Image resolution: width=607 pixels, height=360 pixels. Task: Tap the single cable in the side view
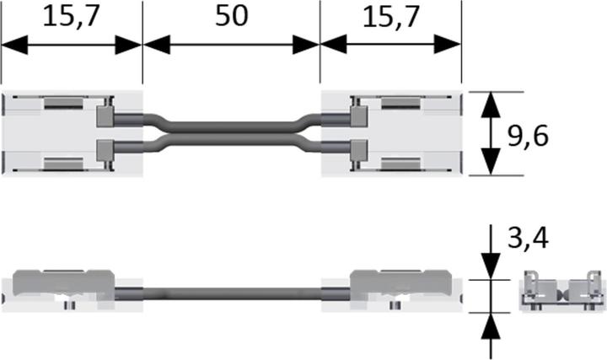click(230, 293)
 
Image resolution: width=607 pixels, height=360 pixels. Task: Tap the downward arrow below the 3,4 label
click(488, 266)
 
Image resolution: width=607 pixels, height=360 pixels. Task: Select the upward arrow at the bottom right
click(488, 324)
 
